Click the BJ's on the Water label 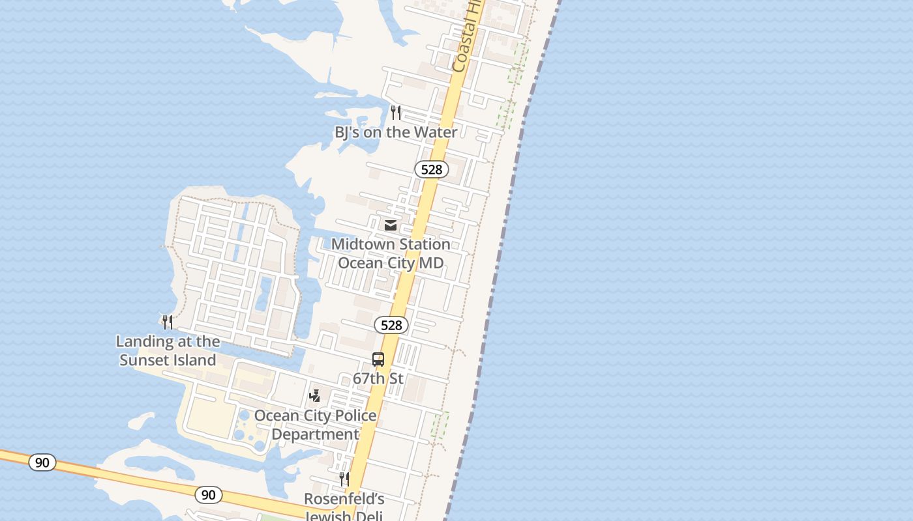tap(396, 132)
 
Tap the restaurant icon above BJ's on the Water tap(396, 112)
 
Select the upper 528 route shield tap(431, 169)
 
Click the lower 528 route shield tap(391, 325)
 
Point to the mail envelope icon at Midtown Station tap(391, 225)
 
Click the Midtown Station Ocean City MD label tap(391, 253)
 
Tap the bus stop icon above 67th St tap(378, 359)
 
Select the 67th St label tap(378, 378)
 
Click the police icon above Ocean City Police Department tap(315, 395)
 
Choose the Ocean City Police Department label tap(316, 425)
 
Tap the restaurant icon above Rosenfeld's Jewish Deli tap(344, 479)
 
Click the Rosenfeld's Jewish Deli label tap(344, 507)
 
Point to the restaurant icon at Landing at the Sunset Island tap(168, 322)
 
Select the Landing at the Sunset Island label tap(168, 350)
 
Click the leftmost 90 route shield tap(42, 462)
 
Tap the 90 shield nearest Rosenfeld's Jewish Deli tap(208, 495)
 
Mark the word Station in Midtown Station tap(421, 244)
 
